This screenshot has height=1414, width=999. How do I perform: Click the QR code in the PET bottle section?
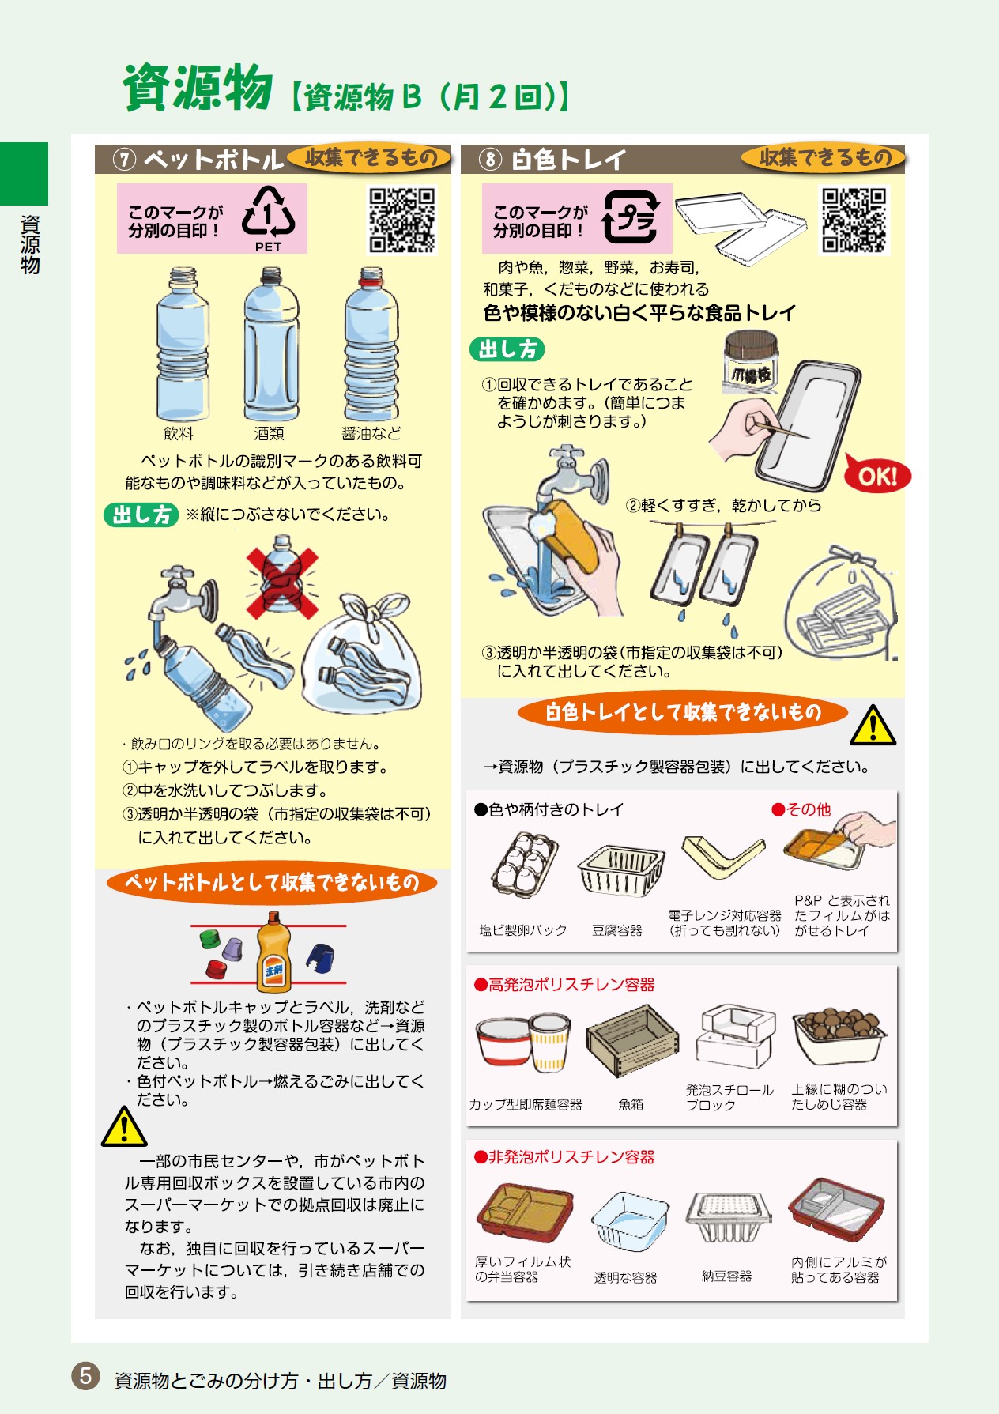pyautogui.click(x=402, y=221)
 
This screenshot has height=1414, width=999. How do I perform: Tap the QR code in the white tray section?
pyautogui.click(x=854, y=221)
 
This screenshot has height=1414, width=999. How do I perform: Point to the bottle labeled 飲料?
pyautogui.click(x=183, y=343)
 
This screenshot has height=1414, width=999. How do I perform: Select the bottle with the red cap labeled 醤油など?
pyautogui.click(x=371, y=343)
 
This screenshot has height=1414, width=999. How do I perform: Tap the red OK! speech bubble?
pyautogui.click(x=876, y=475)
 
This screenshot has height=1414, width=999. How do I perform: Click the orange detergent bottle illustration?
pyautogui.click(x=273, y=952)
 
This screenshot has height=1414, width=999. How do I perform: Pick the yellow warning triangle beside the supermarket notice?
pyautogui.click(x=124, y=1127)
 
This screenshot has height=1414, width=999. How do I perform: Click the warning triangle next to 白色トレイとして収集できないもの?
pyautogui.click(x=873, y=726)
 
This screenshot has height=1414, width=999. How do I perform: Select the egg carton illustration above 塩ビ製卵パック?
pyautogui.click(x=524, y=865)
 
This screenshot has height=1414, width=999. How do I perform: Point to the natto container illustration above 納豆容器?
pyautogui.click(x=728, y=1216)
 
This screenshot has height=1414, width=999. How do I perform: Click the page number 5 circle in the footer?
pyautogui.click(x=85, y=1376)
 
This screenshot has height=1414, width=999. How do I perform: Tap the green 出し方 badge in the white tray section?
pyautogui.click(x=507, y=349)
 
